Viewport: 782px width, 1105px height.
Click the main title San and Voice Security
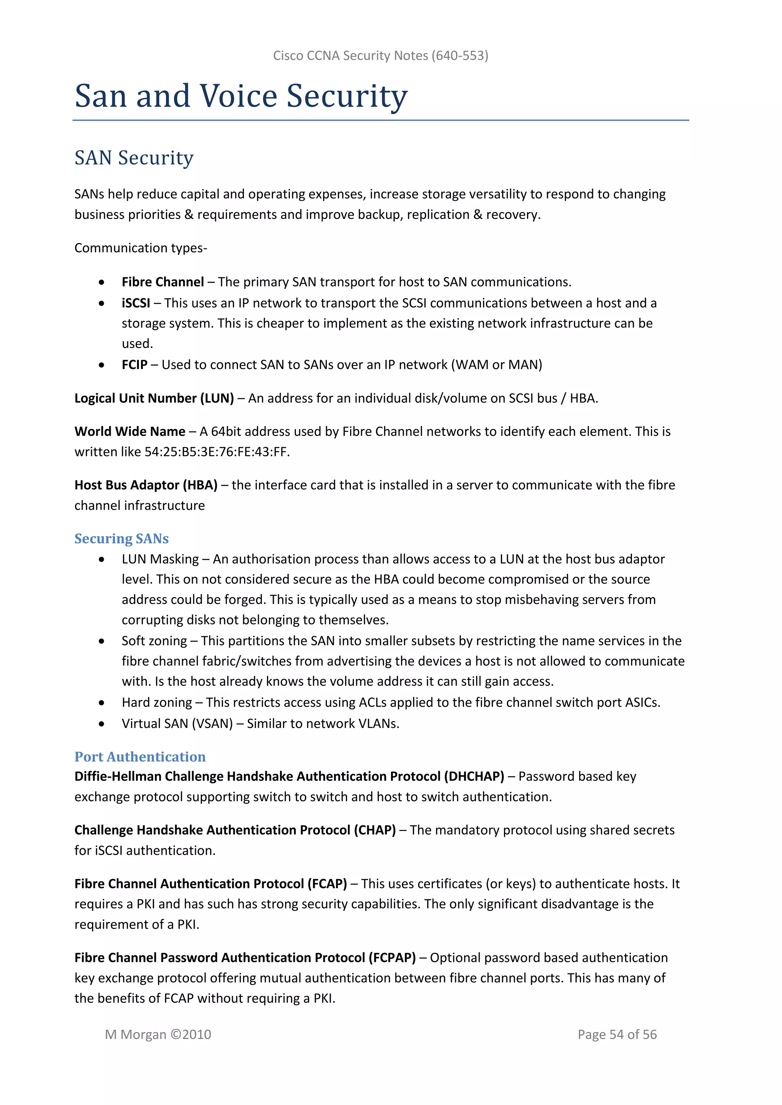[x=241, y=96]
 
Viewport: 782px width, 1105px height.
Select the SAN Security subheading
[x=134, y=158]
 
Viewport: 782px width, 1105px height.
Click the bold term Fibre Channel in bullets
[x=163, y=282]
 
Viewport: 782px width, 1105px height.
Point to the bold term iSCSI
[x=136, y=303]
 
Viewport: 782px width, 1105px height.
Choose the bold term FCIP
[x=134, y=365]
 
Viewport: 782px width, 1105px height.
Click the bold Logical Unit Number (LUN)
[x=154, y=398]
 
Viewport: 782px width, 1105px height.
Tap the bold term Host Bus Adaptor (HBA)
[x=146, y=485]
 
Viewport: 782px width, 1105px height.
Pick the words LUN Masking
[x=160, y=559]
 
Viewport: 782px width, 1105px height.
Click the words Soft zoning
[x=154, y=641]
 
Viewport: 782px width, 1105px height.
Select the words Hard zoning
[x=157, y=703]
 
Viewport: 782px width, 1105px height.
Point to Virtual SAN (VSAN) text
[x=177, y=724]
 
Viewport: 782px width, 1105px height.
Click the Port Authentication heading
[x=140, y=757]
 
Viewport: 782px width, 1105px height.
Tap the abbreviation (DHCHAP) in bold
[x=474, y=777]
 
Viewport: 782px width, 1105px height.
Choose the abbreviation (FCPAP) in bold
[x=392, y=958]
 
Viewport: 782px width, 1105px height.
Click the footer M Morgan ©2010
[x=158, y=1034]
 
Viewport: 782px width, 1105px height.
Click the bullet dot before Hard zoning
[x=101, y=703]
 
